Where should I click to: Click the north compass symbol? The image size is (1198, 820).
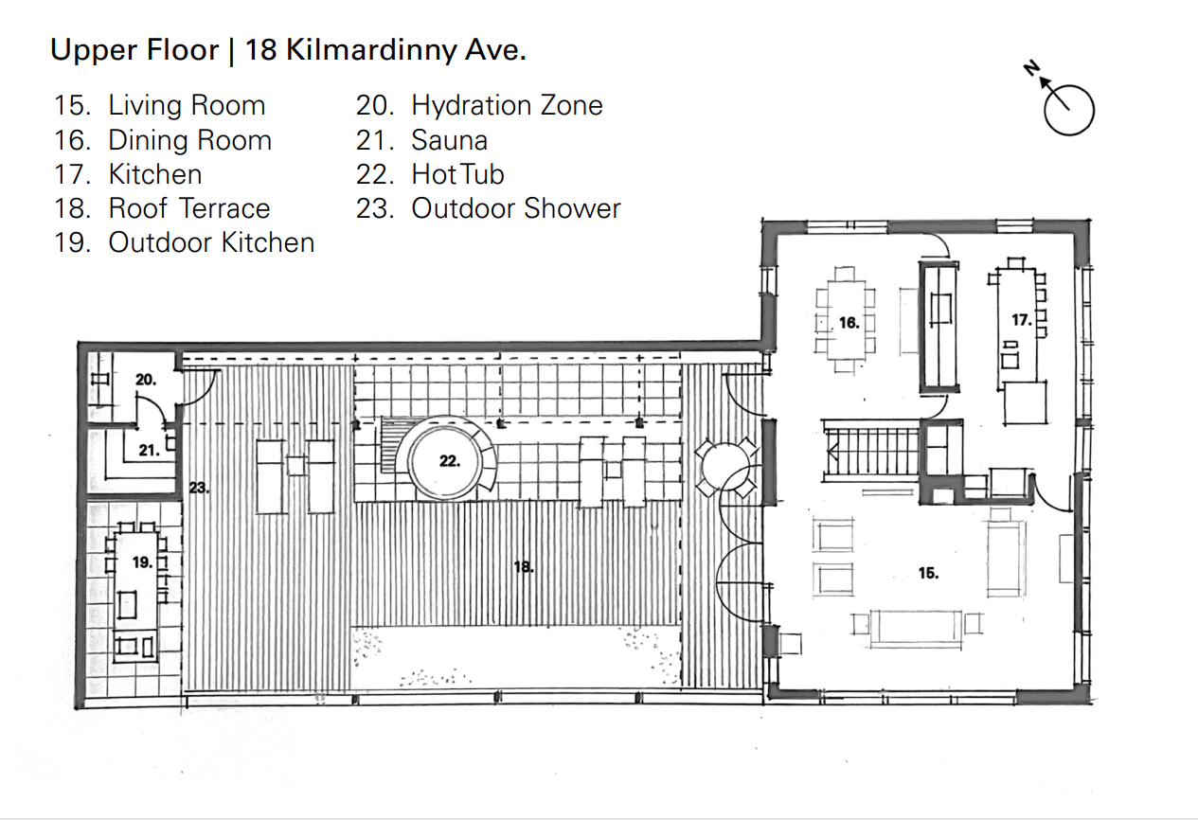click(x=1068, y=110)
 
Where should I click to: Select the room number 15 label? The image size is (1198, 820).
click(x=928, y=573)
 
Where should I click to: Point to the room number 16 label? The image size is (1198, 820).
click(x=849, y=323)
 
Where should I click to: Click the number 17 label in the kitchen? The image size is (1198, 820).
click(x=1022, y=320)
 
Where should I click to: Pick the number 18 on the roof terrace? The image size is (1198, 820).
click(x=524, y=567)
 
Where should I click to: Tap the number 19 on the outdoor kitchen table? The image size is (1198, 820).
click(x=143, y=562)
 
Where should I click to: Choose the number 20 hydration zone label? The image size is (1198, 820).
click(x=146, y=380)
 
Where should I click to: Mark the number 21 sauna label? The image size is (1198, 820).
click(x=150, y=451)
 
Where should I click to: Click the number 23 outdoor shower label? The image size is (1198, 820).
click(x=199, y=488)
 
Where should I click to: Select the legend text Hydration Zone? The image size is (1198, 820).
click(x=507, y=105)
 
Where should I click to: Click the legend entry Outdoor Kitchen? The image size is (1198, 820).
click(x=211, y=242)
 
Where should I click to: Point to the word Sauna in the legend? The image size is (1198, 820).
click(x=449, y=140)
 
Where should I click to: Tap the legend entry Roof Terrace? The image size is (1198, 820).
click(x=189, y=208)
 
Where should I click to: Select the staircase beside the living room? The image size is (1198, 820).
click(x=870, y=451)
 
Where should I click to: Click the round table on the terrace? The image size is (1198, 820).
click(x=726, y=469)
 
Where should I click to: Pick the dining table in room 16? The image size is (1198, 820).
click(x=845, y=320)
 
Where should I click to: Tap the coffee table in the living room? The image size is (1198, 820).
click(x=916, y=629)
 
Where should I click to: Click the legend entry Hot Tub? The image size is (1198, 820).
click(x=457, y=174)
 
